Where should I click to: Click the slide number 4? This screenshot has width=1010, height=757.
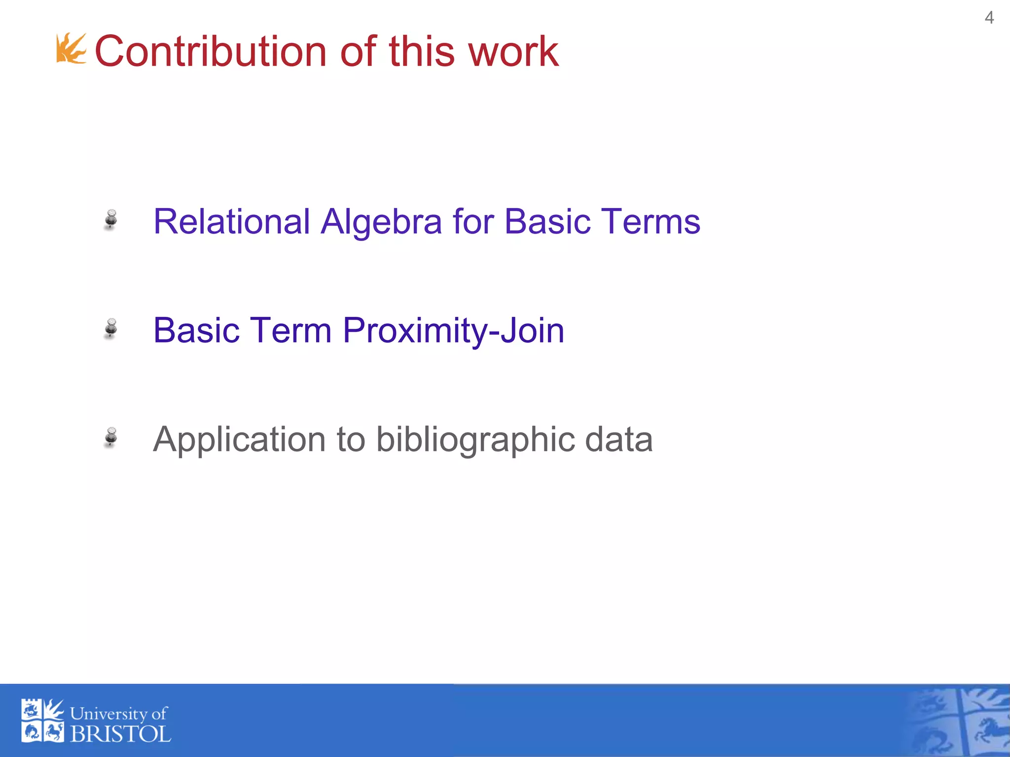pos(989,18)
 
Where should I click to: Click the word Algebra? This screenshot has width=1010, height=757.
pos(381,221)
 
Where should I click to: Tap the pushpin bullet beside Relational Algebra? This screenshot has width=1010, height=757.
pos(111,219)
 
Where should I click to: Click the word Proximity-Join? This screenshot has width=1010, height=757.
pos(453,331)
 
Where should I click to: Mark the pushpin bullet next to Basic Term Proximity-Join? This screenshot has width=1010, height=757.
pos(111,328)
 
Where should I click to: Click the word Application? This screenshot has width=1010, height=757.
pos(239,439)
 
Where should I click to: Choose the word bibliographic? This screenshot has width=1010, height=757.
pos(474,440)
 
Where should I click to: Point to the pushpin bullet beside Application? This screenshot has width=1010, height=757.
pos(111,437)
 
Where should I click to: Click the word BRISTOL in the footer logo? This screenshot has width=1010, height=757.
pos(121,734)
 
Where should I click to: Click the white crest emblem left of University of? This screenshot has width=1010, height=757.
pos(42,721)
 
